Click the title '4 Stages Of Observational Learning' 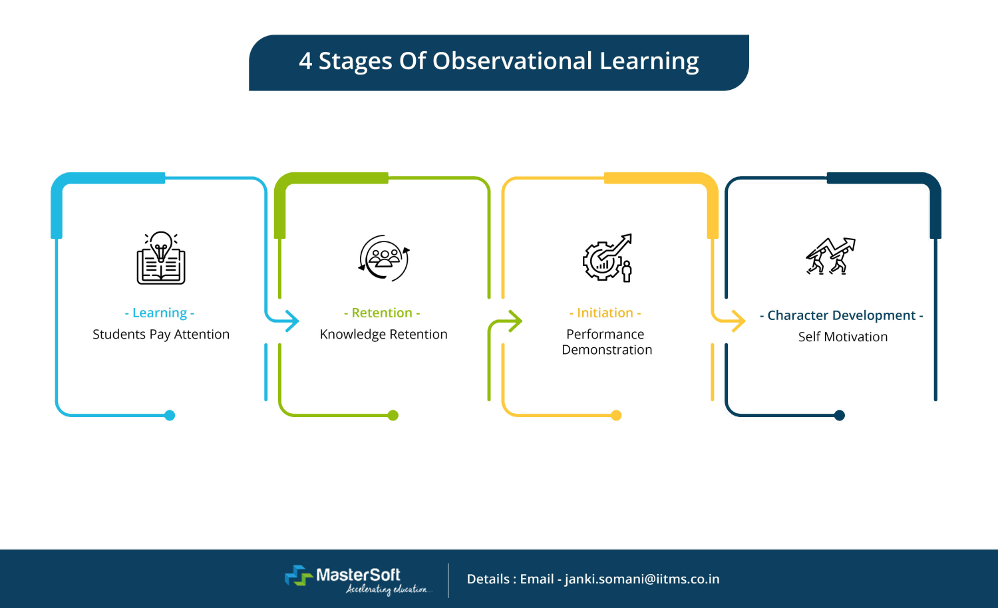point(498,61)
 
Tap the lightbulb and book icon point(161,258)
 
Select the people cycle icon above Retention point(384,258)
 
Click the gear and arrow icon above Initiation point(607,258)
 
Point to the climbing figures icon point(830,256)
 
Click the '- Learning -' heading point(160,313)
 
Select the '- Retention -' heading point(382,313)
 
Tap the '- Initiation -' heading point(605,313)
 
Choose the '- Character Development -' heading point(841,315)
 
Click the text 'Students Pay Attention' point(161,334)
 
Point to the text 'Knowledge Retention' point(383,334)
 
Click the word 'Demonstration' point(607,350)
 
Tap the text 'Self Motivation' point(842,337)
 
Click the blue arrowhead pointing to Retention point(291,321)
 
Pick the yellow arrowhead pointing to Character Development point(738,321)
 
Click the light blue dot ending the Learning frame point(170,415)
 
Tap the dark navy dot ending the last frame point(840,415)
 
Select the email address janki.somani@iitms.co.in point(642,579)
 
